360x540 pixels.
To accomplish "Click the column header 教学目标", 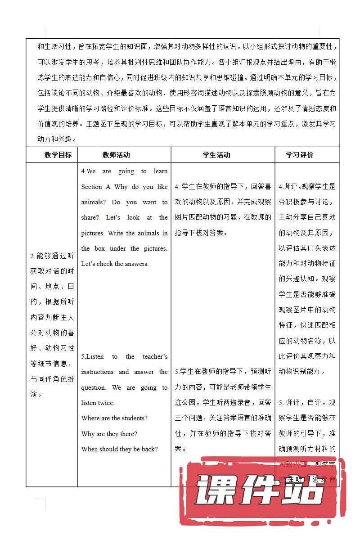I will click(58, 155).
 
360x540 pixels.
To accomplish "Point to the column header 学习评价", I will click(300, 155).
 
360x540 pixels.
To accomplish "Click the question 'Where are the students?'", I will click(114, 418).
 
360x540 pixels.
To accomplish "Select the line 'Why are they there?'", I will click(109, 434).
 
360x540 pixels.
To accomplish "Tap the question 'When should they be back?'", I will click(120, 449).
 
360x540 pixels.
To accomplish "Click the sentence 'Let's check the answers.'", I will click(115, 264).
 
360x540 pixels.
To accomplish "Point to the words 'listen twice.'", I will click(98, 403).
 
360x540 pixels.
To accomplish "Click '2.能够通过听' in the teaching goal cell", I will click(52, 256).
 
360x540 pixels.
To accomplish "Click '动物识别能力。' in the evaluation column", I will click(302, 372).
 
